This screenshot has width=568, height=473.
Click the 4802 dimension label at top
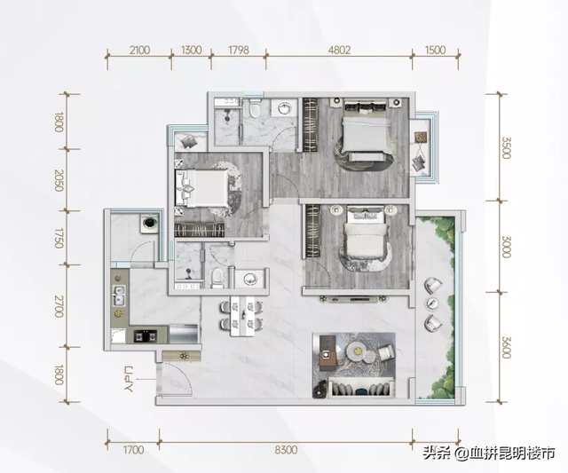click(x=339, y=50)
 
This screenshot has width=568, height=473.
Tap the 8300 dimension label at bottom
click(x=286, y=450)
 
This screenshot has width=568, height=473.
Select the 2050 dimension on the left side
click(x=59, y=179)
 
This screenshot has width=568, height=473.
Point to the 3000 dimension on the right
click(x=506, y=247)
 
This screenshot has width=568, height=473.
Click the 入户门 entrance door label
click(x=129, y=379)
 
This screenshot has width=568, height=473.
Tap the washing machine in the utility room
click(x=150, y=223)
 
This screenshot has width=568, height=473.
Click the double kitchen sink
click(x=119, y=296)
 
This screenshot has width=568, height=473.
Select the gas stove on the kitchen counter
click(x=146, y=336)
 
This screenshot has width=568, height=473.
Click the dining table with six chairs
click(x=241, y=316)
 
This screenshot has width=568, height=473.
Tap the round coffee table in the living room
click(x=357, y=351)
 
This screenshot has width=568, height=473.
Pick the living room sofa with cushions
click(x=361, y=388)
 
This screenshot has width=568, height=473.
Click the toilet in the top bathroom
click(x=256, y=107)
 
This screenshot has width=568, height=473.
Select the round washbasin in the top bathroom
click(x=285, y=107)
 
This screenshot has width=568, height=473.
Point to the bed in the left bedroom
click(x=201, y=187)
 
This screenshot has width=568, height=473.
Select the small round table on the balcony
click(x=432, y=304)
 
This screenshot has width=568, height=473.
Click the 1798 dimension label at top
click(x=239, y=50)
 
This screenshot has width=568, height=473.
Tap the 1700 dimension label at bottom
click(x=133, y=450)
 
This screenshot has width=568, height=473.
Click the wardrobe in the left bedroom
click(x=199, y=230)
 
